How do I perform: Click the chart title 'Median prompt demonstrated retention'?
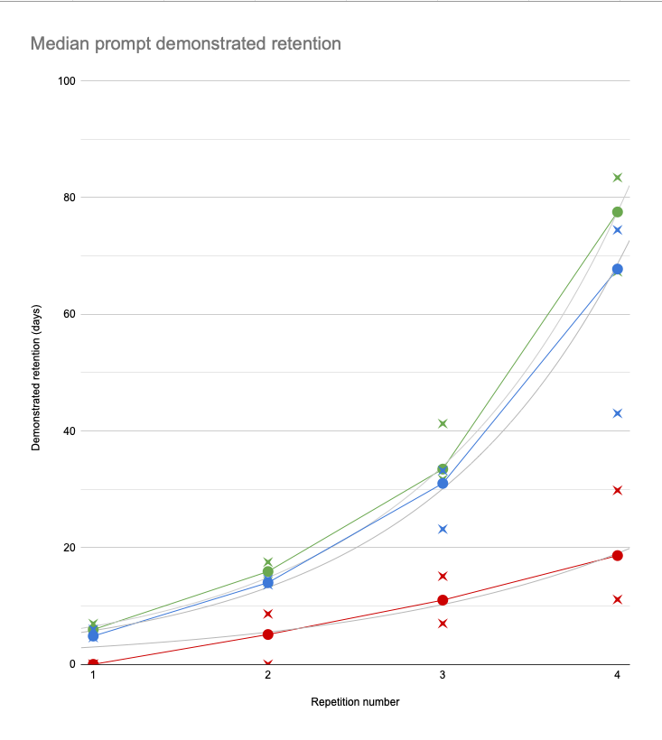pos(186,42)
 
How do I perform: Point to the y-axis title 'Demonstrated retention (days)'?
pos(36,372)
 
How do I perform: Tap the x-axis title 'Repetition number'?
pos(355,701)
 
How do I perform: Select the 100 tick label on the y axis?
pos(66,81)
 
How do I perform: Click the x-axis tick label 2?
pos(268,677)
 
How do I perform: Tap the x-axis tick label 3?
pos(443,677)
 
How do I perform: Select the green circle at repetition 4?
pos(618,212)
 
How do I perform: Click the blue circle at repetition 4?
pos(618,269)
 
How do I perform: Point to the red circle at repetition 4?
pos(618,555)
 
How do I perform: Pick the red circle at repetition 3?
pos(443,600)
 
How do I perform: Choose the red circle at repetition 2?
pos(268,634)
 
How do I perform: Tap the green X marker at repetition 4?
pos(618,178)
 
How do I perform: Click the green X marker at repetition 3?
pos(443,423)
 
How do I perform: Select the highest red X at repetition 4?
pos(618,490)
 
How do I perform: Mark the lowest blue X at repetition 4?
pos(618,413)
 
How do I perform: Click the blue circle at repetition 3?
pos(443,484)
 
